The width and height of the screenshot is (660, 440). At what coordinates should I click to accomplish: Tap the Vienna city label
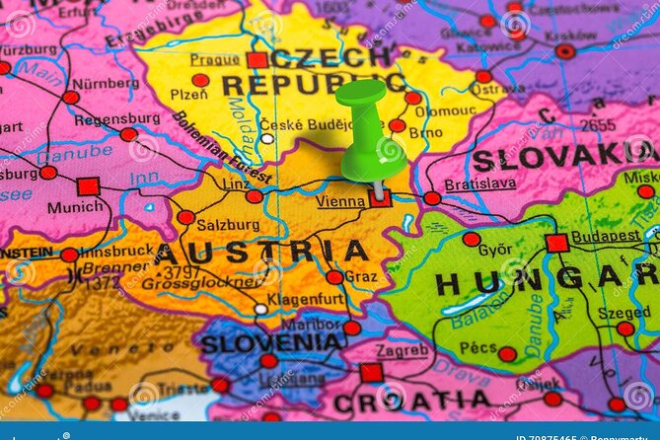(340, 201)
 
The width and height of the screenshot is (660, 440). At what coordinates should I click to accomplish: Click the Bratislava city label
(479, 183)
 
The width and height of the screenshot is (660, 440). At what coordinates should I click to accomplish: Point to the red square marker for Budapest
(556, 243)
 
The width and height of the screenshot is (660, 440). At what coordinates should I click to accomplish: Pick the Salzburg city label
(233, 224)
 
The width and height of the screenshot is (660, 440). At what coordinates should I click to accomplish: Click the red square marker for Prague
(257, 60)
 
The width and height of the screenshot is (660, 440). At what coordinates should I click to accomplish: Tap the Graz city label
(360, 277)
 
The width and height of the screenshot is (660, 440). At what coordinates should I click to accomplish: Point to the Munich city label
(75, 207)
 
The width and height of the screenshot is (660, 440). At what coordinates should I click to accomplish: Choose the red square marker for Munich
(88, 186)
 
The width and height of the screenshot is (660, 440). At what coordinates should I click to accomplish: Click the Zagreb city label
(402, 350)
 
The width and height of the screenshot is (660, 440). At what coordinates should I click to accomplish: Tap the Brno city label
(425, 132)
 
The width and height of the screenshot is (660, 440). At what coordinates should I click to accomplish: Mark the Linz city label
(236, 184)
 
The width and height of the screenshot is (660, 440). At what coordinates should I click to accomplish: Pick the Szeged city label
(623, 312)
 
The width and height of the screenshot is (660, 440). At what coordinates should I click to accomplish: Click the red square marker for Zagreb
(371, 372)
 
